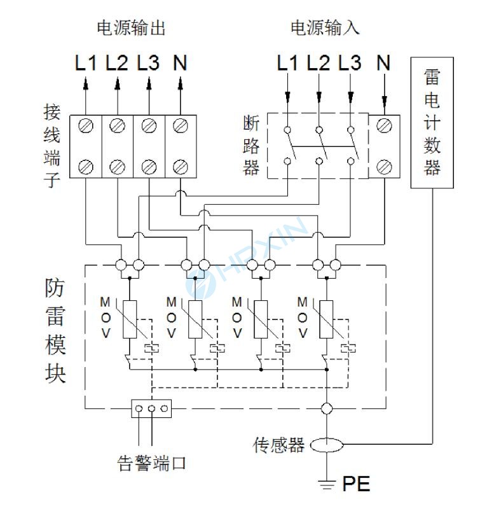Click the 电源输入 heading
click(x=325, y=28)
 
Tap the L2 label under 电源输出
click(x=117, y=63)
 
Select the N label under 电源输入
click(x=383, y=63)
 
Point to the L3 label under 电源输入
click(x=350, y=63)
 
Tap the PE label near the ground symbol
click(x=356, y=484)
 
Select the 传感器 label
click(x=278, y=445)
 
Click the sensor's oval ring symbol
click(x=326, y=445)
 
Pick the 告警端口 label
click(x=153, y=463)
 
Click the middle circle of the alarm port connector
click(x=152, y=409)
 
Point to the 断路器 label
click(x=251, y=145)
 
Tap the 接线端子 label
click(x=51, y=146)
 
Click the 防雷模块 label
click(x=55, y=331)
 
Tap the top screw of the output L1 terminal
click(x=86, y=125)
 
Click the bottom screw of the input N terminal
click(x=383, y=167)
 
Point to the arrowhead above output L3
click(x=149, y=83)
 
